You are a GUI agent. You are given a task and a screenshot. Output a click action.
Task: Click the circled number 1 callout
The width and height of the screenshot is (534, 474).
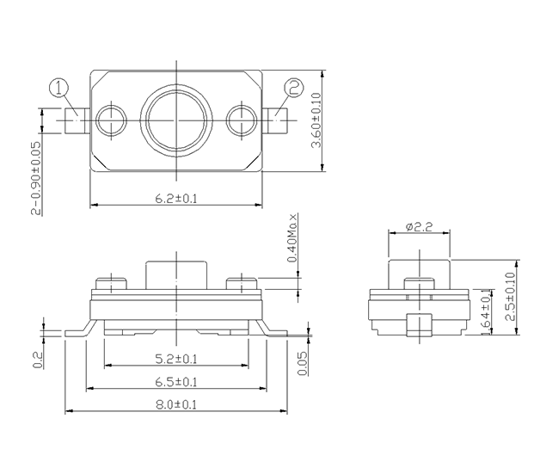point(59,88)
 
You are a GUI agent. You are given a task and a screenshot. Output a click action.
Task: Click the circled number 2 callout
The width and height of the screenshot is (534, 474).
point(294,88)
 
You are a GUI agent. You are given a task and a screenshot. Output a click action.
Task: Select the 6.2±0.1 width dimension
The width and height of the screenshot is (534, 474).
point(176,199)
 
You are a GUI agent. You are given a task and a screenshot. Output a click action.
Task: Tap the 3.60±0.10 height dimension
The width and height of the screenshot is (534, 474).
point(316,120)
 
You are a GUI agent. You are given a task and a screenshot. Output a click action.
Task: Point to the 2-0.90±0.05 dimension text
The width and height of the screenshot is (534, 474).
point(36,178)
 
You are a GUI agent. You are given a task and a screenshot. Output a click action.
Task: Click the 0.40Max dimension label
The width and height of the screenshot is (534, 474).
point(292,237)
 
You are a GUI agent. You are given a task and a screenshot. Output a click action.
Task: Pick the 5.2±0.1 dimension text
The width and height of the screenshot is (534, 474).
point(176,359)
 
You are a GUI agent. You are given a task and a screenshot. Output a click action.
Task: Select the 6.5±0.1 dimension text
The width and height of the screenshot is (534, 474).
point(176,382)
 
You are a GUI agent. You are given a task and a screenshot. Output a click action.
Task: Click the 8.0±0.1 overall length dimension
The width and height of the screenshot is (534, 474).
point(176,405)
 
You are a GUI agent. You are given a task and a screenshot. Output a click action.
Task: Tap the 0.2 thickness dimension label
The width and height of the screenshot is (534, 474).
point(38,360)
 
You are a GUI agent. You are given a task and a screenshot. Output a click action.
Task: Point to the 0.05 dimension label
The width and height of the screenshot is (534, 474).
point(302,363)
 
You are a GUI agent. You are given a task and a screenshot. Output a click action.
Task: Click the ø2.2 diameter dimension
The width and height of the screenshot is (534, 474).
point(419,226)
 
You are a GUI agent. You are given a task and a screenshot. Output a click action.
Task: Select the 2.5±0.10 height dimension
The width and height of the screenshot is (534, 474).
point(511,296)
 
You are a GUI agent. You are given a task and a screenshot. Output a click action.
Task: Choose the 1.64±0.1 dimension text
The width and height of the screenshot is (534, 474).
point(487,311)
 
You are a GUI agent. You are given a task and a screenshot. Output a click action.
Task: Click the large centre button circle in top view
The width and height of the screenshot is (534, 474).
point(176,120)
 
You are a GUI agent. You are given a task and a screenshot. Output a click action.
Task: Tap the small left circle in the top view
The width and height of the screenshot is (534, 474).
point(112,120)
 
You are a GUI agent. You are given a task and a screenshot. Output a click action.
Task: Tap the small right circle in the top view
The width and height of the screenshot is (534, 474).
point(242,120)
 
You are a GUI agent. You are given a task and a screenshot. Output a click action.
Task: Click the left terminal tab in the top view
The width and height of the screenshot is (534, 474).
point(77,120)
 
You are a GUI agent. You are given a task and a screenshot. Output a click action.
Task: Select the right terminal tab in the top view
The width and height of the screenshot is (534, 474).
point(275,120)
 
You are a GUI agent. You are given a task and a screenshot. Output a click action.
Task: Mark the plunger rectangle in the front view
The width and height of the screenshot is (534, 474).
point(176,275)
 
